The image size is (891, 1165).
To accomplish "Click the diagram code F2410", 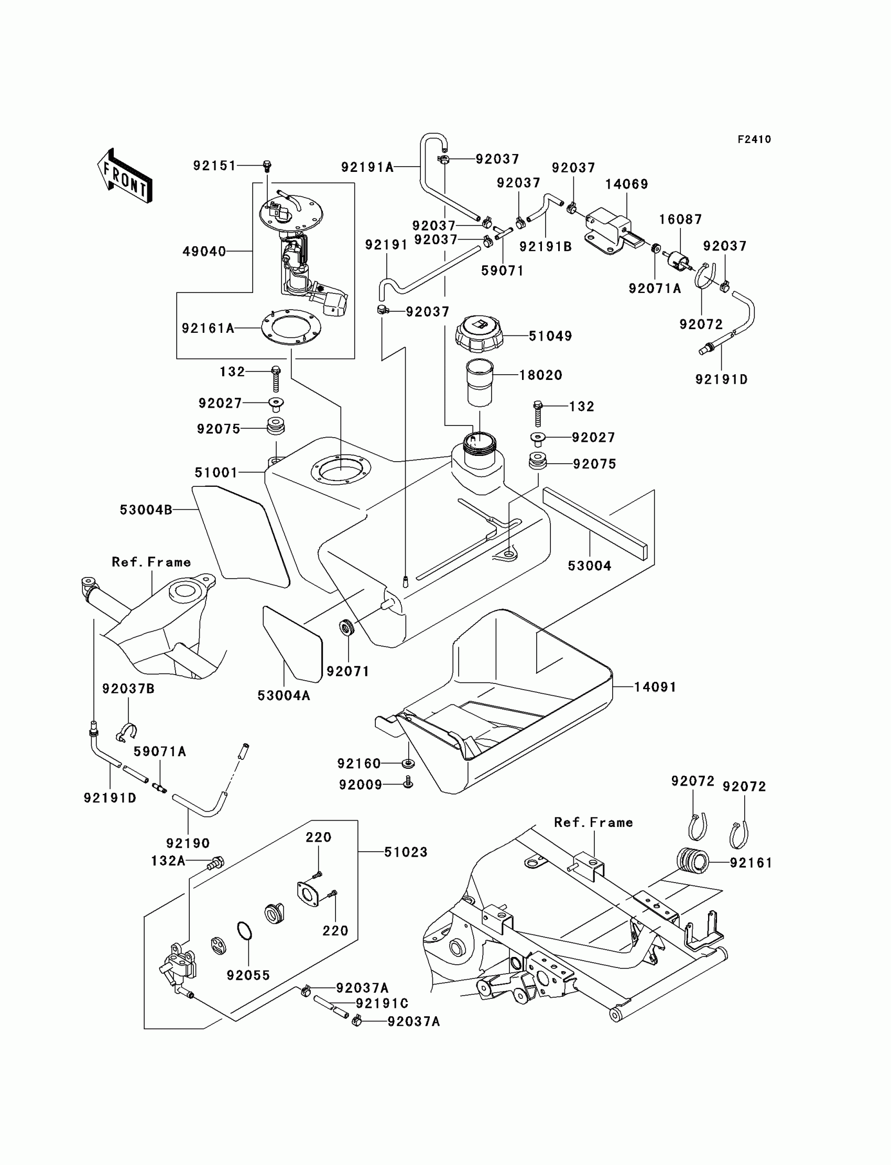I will point(754,139).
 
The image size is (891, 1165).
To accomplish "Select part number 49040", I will point(204,252).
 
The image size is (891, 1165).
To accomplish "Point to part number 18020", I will point(540,375).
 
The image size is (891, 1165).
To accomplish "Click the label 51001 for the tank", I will point(216,472).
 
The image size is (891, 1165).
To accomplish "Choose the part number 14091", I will point(655,687).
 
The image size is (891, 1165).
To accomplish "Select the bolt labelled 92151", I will point(267,166).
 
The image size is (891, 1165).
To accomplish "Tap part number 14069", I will point(626,184).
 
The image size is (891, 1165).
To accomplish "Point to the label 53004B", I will point(146,509).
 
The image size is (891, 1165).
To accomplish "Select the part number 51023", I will point(406,852).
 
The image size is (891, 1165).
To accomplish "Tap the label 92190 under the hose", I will point(188,843).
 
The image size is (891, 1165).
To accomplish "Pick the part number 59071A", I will point(160,752).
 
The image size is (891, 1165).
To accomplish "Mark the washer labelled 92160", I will point(408,763).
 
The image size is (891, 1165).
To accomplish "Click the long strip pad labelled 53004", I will point(594,525).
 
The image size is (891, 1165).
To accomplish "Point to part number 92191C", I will point(382,1003).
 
